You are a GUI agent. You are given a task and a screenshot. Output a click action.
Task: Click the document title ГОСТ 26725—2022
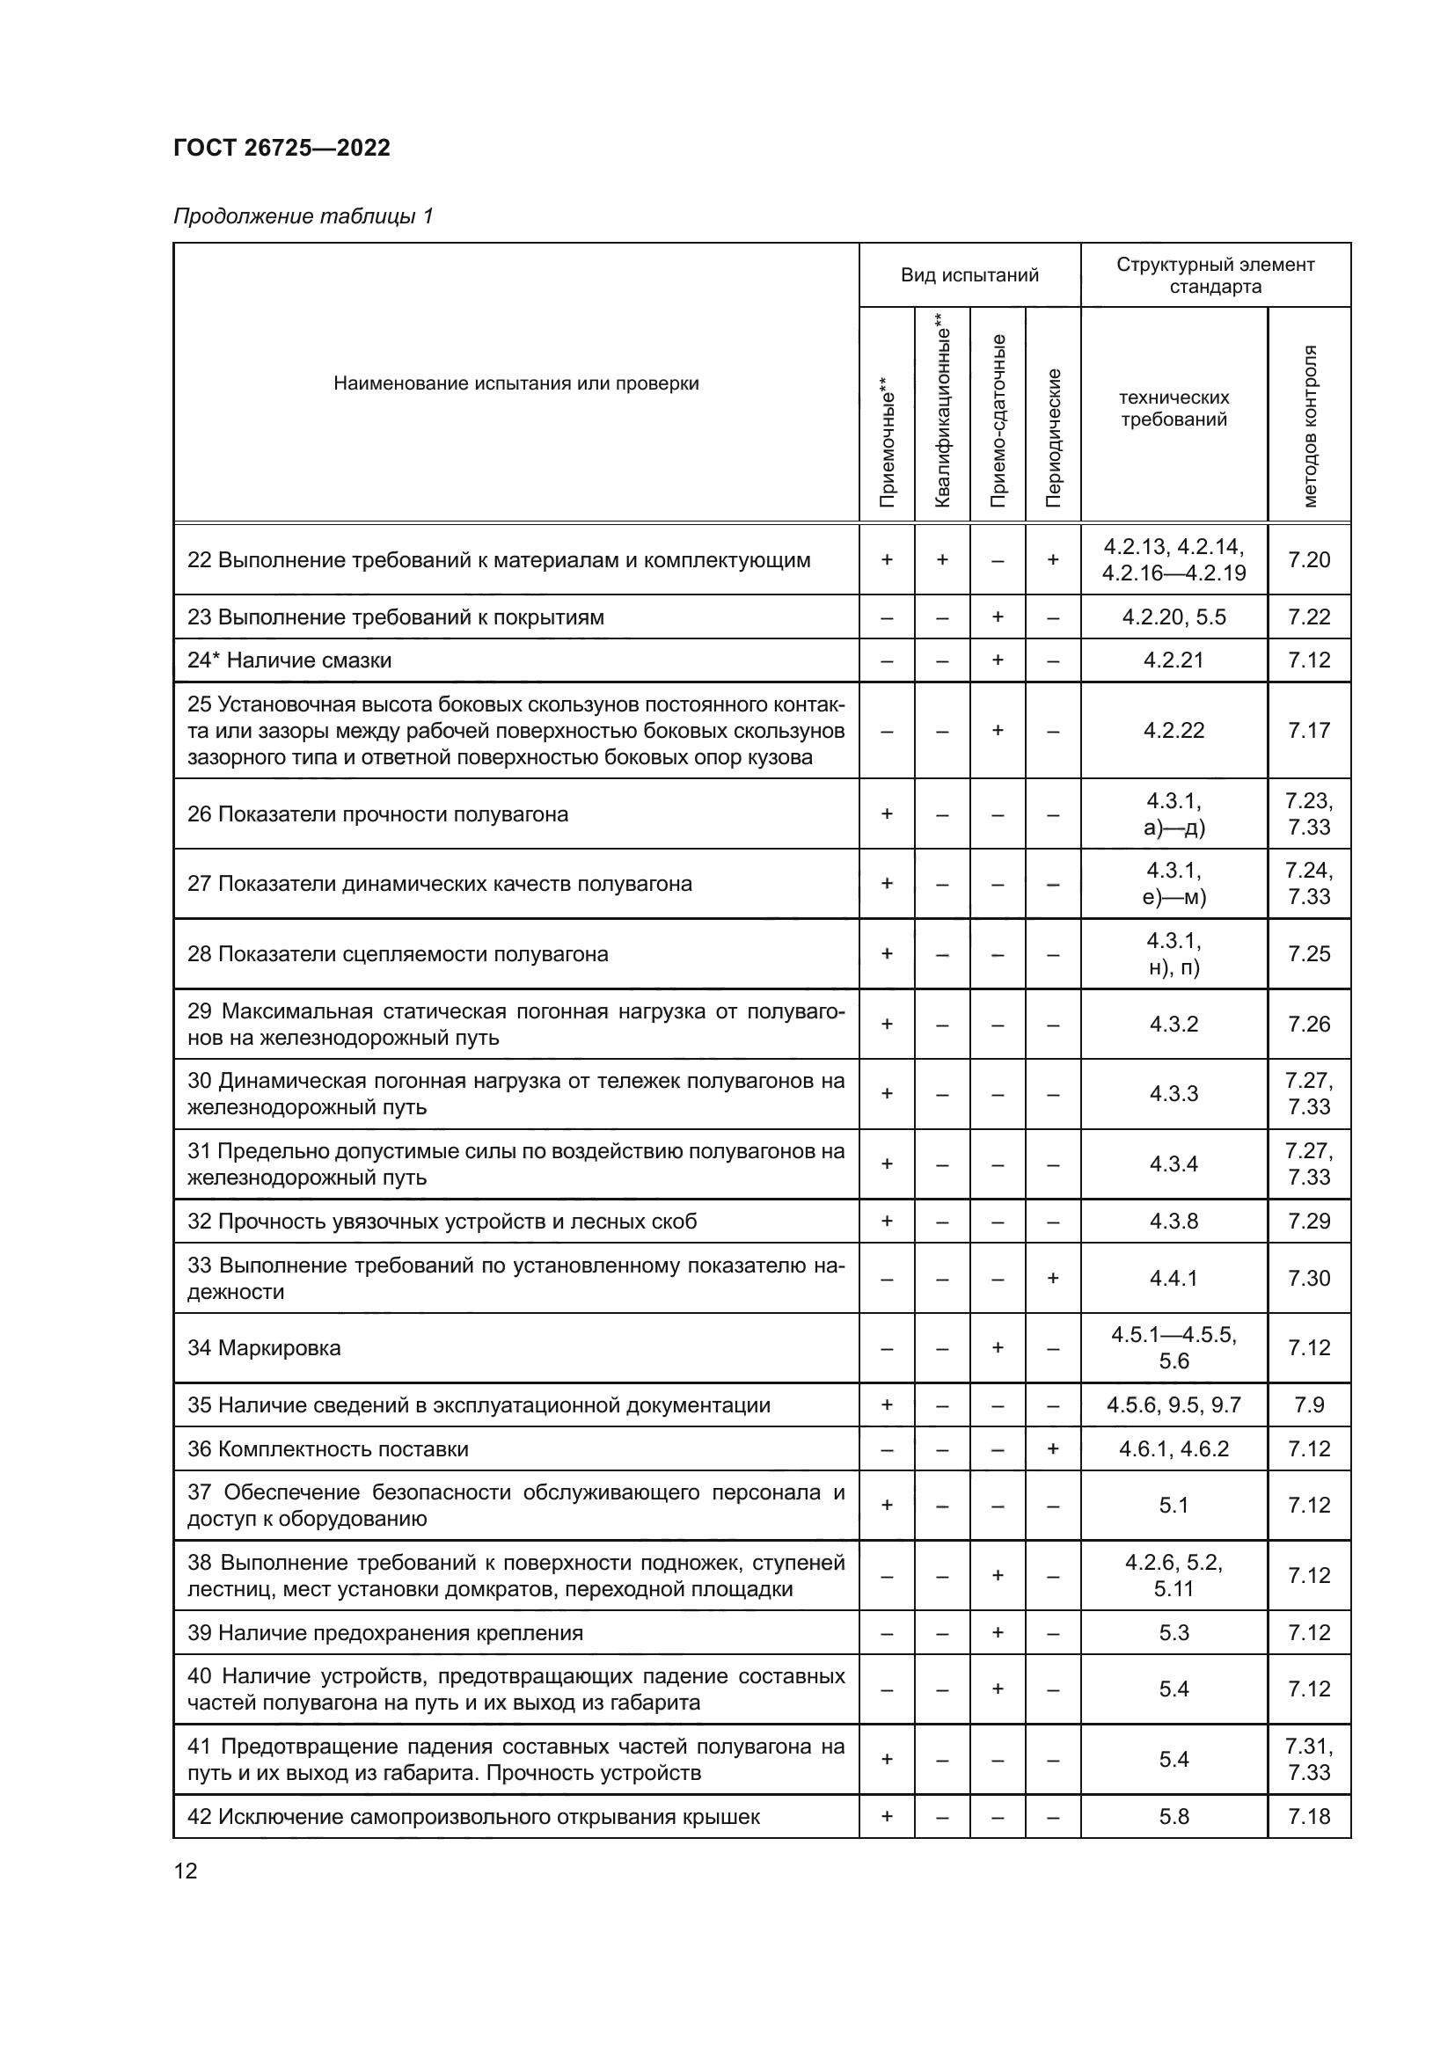pyautogui.click(x=281, y=148)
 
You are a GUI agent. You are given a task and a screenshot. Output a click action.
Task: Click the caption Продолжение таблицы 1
pyautogui.click(x=303, y=216)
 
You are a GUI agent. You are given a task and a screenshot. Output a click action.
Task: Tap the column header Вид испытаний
pyautogui.click(x=969, y=275)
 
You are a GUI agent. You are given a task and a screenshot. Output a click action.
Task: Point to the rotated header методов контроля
pyautogui.click(x=1309, y=426)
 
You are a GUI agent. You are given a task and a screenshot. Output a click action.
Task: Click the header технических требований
pyautogui.click(x=1174, y=409)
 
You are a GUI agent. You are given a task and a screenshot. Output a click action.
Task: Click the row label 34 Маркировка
pyautogui.click(x=263, y=1347)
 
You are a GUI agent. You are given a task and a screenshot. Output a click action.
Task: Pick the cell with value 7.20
pyautogui.click(x=1309, y=560)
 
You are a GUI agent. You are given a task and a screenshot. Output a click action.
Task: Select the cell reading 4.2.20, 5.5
pyautogui.click(x=1174, y=617)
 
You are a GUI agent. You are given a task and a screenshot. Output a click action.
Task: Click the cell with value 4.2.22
pyautogui.click(x=1174, y=730)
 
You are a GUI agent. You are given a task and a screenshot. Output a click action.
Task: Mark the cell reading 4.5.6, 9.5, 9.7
pyautogui.click(x=1174, y=1404)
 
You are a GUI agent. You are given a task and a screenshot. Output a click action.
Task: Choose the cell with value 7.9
pyautogui.click(x=1309, y=1404)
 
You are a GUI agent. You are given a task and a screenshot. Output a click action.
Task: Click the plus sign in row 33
pyautogui.click(x=1053, y=1279)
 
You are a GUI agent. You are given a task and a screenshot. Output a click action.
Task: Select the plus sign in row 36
pyautogui.click(x=1053, y=1448)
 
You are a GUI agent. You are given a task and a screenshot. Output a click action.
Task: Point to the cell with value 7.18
pyautogui.click(x=1309, y=1816)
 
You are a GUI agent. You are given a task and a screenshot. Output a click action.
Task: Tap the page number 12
pyautogui.click(x=186, y=1871)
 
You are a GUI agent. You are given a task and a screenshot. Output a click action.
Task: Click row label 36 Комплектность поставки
pyautogui.click(x=328, y=1448)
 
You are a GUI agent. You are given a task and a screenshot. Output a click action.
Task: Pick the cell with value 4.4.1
pyautogui.click(x=1174, y=1279)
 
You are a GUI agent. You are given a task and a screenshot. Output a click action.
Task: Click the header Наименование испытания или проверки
pyautogui.click(x=516, y=383)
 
